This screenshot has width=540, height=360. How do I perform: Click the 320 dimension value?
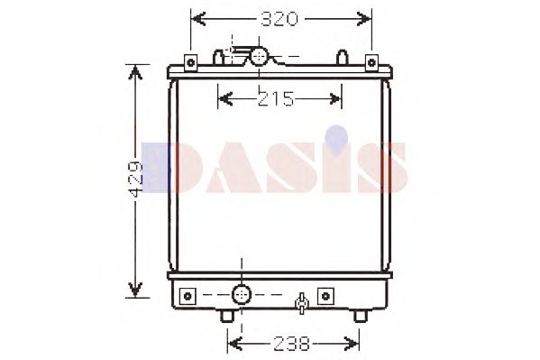click(279, 19)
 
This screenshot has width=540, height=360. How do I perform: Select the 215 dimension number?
click(276, 98)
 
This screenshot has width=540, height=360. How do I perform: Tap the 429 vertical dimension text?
click(135, 179)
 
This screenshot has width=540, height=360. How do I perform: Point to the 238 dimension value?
click(292, 344)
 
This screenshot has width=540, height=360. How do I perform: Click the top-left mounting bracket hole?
click(190, 63)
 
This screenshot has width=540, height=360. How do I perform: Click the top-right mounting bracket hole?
click(371, 63)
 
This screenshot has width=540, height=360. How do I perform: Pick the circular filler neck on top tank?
click(259, 56)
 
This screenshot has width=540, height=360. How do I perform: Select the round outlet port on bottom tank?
click(242, 295)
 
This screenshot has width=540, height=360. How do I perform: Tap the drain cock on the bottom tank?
click(302, 303)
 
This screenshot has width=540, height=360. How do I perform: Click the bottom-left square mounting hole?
click(188, 296)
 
